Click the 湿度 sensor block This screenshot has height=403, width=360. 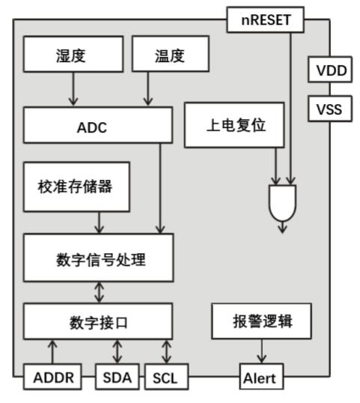point(72,55)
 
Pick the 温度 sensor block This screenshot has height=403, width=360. point(169,55)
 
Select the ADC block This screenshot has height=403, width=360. point(92,126)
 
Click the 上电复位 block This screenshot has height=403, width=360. point(234,125)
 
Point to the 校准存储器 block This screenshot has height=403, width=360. point(75,186)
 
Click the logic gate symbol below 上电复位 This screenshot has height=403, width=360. point(282,202)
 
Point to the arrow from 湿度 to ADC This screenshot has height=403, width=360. point(73,90)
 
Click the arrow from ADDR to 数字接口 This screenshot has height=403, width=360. point(52,352)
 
